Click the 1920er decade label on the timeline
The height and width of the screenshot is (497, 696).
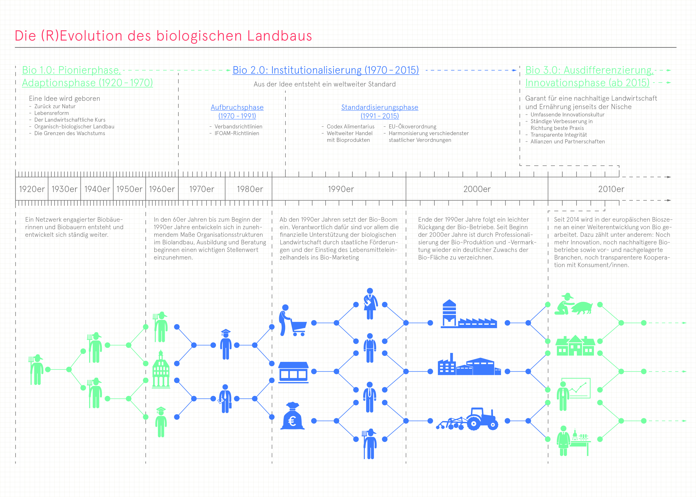click(x=32, y=189)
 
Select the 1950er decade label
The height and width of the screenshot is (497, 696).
click(x=129, y=189)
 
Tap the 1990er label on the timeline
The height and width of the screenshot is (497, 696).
click(x=341, y=189)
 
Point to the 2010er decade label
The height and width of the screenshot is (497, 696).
click(x=611, y=189)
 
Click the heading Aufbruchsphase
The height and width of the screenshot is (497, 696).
click(x=237, y=107)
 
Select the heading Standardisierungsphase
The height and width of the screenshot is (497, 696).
click(x=380, y=107)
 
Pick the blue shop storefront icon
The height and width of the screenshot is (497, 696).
click(x=293, y=372)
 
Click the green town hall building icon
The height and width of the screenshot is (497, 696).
click(x=161, y=369)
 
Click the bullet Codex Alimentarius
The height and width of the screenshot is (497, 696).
click(x=351, y=127)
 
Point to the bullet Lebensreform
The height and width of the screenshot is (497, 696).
click(x=51, y=113)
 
